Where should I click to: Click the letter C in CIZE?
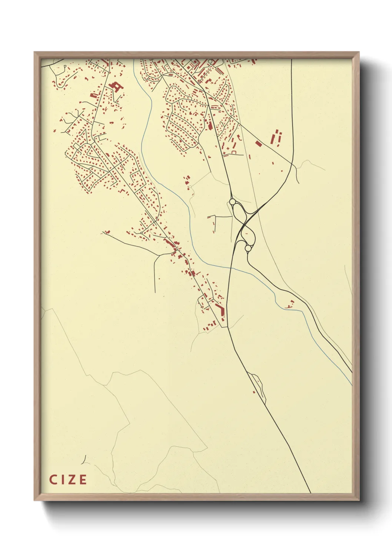pos(53,480)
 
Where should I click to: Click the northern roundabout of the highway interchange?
pos(233,202)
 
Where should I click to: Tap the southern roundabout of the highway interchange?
pos(248,248)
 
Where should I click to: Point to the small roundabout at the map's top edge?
pos(210,61)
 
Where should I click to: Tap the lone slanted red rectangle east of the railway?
pos(259,143)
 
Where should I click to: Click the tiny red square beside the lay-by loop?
pos(254,392)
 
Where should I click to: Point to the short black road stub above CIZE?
pos(84,460)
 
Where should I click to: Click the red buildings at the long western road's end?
pos(107,232)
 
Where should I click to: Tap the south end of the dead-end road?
pos(155,292)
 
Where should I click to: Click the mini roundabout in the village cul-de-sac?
pos(142,233)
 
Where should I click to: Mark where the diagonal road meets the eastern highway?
pos(292,163)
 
